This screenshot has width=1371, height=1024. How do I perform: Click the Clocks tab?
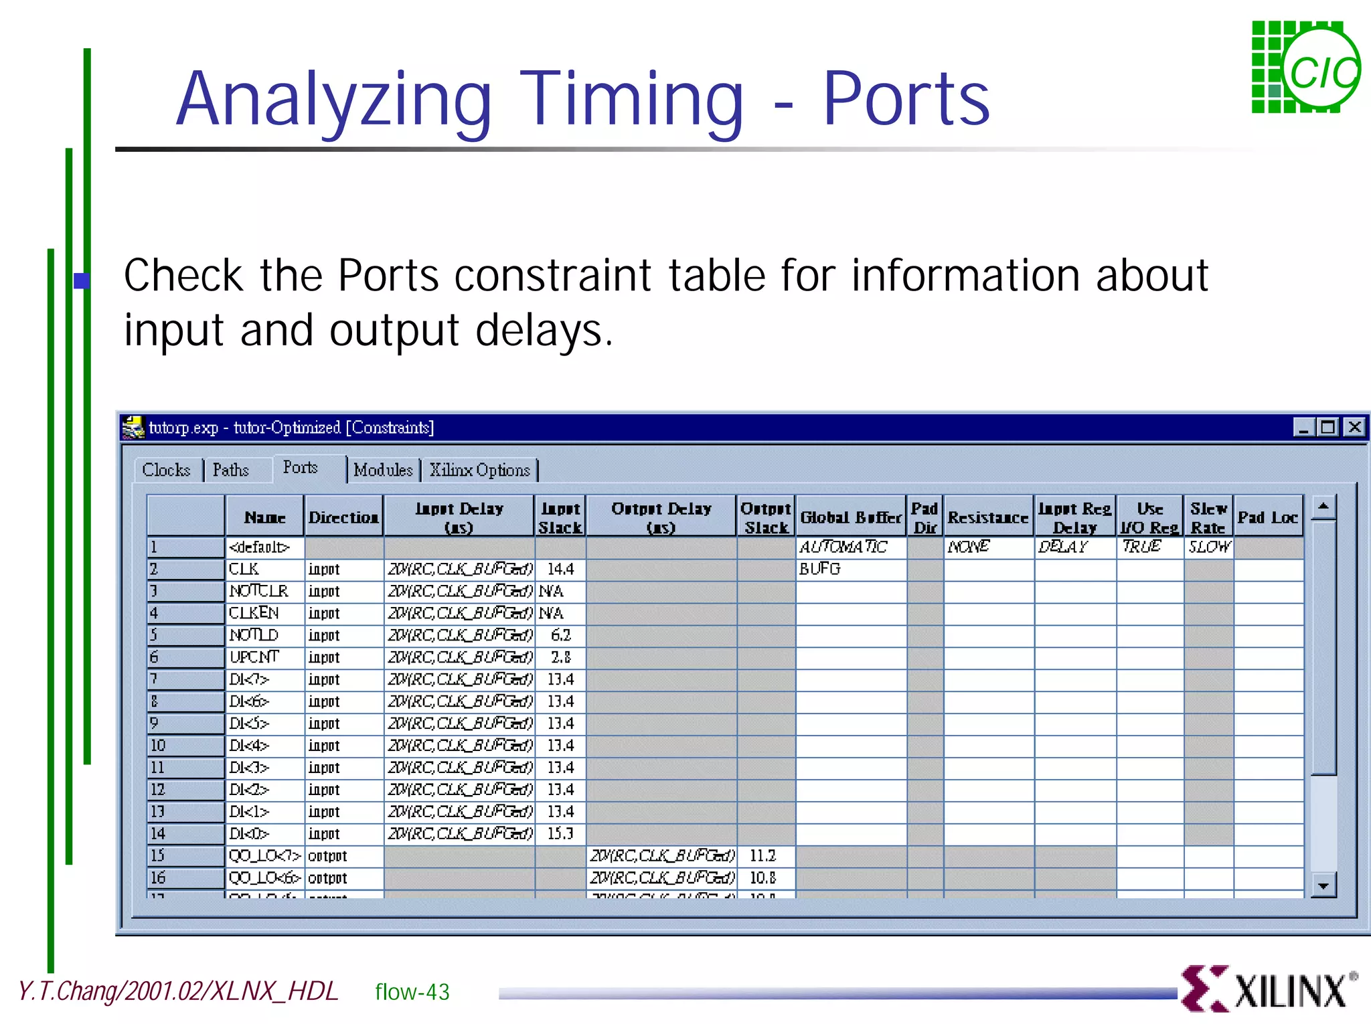pyautogui.click(x=166, y=470)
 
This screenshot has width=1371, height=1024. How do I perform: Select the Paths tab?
pyautogui.click(x=231, y=470)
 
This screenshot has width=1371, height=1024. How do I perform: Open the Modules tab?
pyautogui.click(x=383, y=470)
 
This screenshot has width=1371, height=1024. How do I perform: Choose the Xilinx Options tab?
pyautogui.click(x=480, y=470)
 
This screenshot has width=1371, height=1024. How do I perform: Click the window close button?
pyautogui.click(x=1355, y=427)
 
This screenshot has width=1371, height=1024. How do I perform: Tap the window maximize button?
pyautogui.click(x=1328, y=427)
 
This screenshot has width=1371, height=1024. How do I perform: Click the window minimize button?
pyautogui.click(x=1303, y=427)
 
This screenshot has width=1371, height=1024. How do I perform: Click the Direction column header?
pyautogui.click(x=343, y=517)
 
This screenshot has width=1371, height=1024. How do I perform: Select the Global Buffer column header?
pyautogui.click(x=851, y=517)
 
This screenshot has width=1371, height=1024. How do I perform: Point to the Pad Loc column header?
pyautogui.click(x=1268, y=517)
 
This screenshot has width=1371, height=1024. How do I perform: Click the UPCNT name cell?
pyautogui.click(x=254, y=657)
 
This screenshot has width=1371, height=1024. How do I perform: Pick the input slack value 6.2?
pyautogui.click(x=561, y=635)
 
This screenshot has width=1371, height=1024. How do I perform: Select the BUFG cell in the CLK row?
pyautogui.click(x=820, y=569)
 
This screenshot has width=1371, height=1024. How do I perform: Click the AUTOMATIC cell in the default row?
pyautogui.click(x=843, y=547)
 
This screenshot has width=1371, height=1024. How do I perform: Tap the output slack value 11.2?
pyautogui.click(x=763, y=856)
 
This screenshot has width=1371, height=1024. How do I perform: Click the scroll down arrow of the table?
pyautogui.click(x=1323, y=886)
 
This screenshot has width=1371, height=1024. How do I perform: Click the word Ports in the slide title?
pyautogui.click(x=906, y=99)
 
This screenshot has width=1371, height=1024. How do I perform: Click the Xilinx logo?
pyautogui.click(x=1267, y=988)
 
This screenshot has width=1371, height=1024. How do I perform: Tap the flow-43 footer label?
pyautogui.click(x=412, y=992)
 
